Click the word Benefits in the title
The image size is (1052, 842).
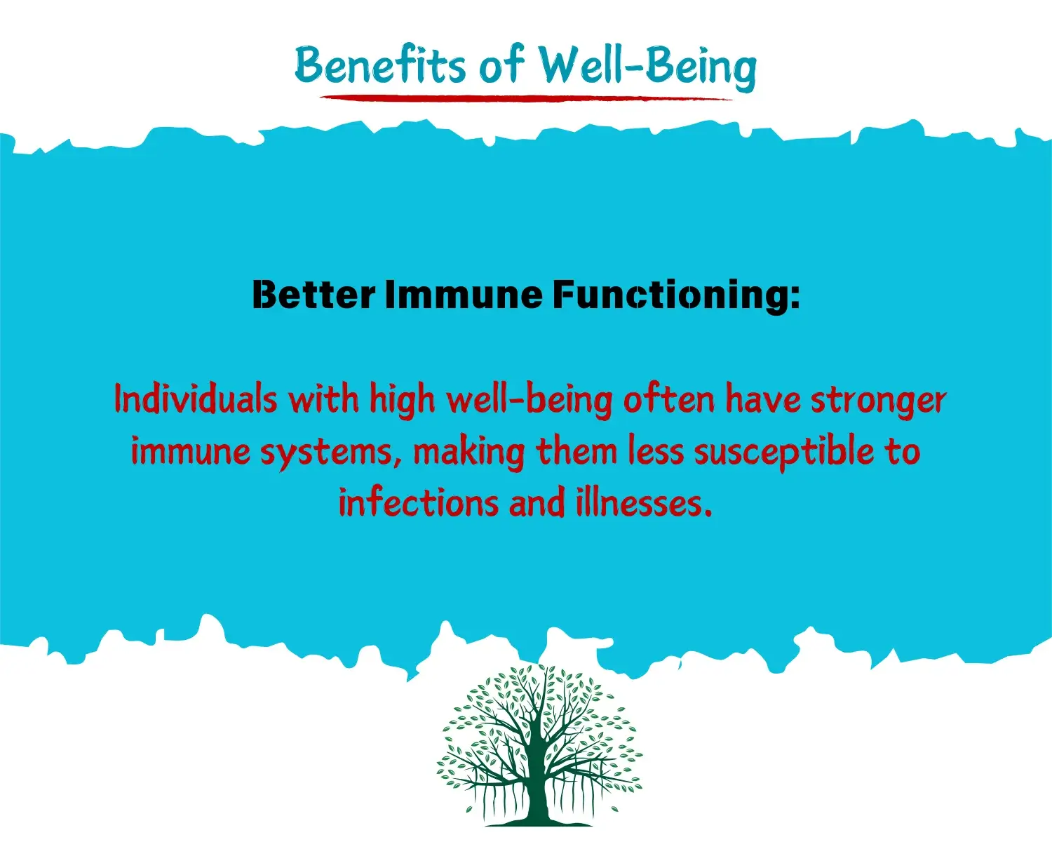[380, 65]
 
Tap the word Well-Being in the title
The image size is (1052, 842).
[647, 67]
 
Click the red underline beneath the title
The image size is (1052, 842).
[526, 98]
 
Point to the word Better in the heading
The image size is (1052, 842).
[313, 295]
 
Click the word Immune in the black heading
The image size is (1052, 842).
[464, 295]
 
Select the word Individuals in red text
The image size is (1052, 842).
[196, 399]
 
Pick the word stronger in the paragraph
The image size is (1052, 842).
[879, 401]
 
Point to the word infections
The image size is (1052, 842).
[418, 503]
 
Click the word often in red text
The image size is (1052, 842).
[669, 399]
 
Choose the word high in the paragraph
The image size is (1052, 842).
[402, 401]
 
